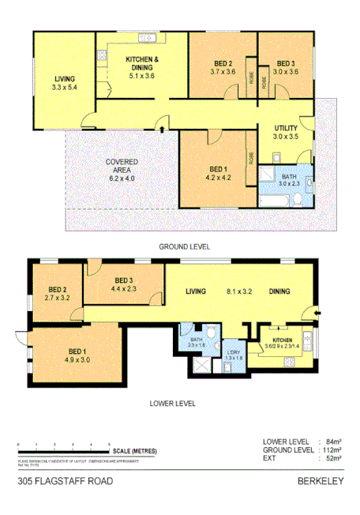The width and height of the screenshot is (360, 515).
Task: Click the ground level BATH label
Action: pyautogui.click(x=289, y=177)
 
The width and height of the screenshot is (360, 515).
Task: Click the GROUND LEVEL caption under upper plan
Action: pyautogui.click(x=185, y=246)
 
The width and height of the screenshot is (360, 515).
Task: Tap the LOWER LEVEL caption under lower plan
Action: pyautogui.click(x=173, y=403)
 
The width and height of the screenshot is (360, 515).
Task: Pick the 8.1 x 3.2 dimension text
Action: pyautogui.click(x=238, y=292)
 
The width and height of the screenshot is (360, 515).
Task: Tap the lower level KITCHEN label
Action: pyautogui.click(x=282, y=338)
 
